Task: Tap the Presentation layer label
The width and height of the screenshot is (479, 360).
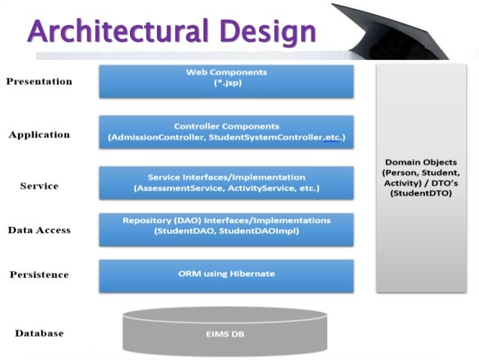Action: point(39,81)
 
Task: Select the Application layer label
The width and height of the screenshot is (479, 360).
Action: point(39,135)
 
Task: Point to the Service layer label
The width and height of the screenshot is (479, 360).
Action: point(39,186)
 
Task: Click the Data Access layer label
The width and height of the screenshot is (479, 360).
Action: point(39,230)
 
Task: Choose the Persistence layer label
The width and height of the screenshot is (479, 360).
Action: point(39,274)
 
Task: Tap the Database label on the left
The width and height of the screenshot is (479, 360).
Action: point(39,333)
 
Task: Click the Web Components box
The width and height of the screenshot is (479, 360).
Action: point(226,81)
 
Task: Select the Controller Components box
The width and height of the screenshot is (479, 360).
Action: point(226,132)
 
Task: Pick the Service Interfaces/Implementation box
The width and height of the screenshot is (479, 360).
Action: point(226,183)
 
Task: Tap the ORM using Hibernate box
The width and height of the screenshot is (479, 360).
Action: point(226,275)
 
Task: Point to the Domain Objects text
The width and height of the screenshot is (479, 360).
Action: point(420,162)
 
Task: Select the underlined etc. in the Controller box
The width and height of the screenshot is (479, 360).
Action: point(331,138)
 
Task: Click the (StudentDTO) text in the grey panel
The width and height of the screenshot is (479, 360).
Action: point(420,194)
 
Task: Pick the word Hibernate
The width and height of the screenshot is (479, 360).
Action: point(252,274)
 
